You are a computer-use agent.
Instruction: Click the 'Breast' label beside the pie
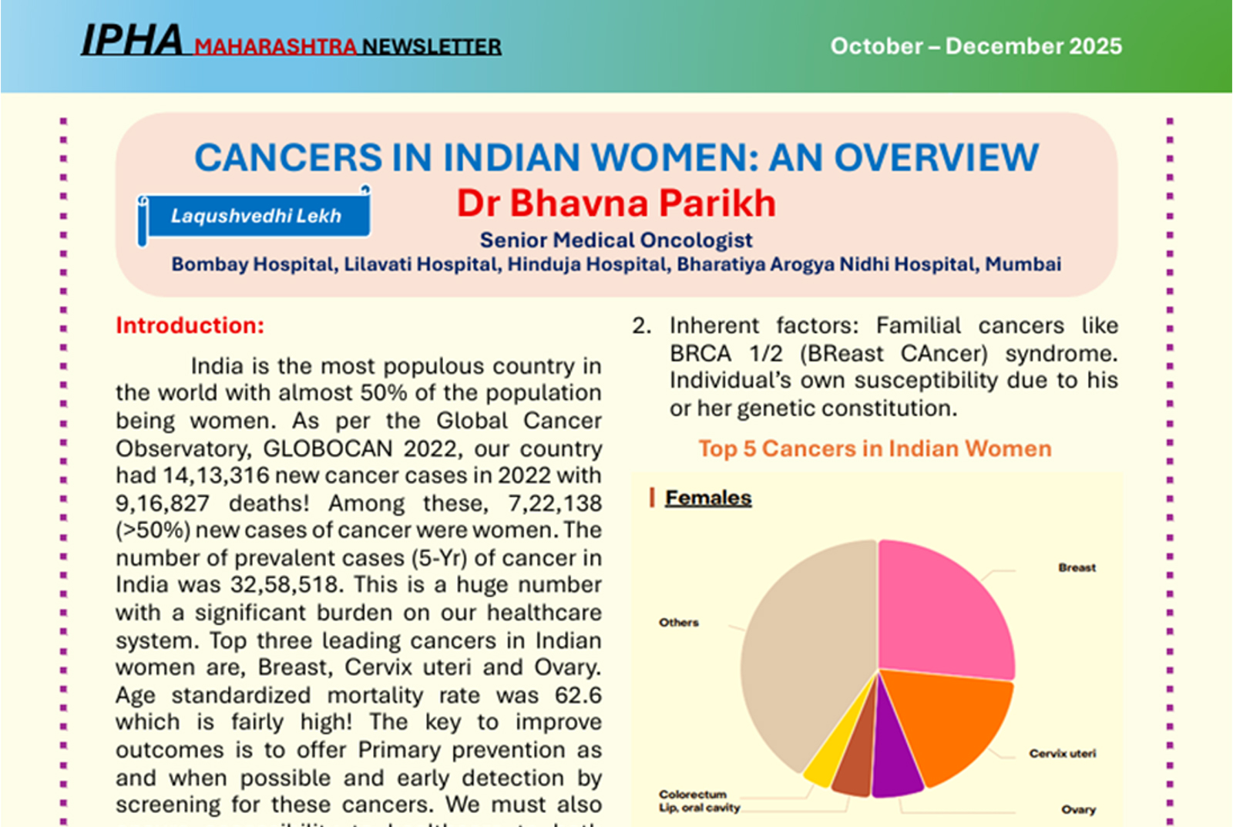[1077, 568]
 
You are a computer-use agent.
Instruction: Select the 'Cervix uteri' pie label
[1062, 754]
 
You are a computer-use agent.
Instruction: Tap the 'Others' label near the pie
[678, 623]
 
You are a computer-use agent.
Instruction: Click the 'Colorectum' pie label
[692, 794]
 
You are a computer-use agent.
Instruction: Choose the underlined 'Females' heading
[707, 498]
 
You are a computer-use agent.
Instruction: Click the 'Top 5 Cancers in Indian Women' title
[875, 449]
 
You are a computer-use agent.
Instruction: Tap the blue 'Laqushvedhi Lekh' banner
[256, 217]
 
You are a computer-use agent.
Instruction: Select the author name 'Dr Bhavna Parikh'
[616, 203]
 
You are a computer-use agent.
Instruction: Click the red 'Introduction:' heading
[190, 326]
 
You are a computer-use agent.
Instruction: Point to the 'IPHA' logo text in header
[132, 41]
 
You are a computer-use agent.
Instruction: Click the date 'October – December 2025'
[976, 46]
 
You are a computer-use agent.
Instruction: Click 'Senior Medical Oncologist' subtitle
[616, 240]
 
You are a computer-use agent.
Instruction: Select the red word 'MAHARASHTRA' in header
[275, 47]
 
